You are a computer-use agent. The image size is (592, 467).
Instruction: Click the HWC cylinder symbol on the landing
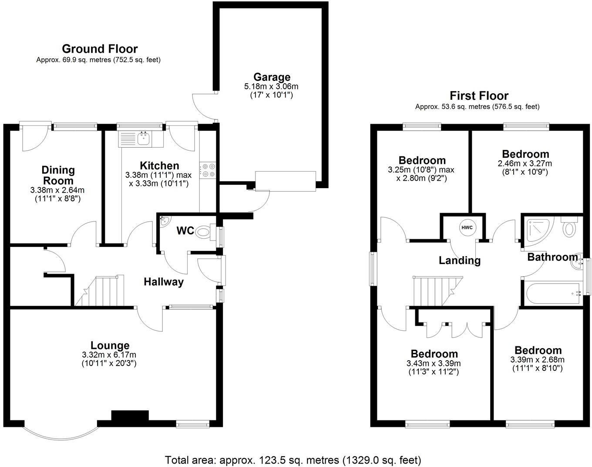[x=467, y=227]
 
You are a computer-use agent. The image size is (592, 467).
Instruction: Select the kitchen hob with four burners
[x=207, y=170]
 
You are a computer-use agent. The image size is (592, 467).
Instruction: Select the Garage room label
[x=272, y=77]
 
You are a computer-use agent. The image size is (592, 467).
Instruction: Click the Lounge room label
[x=110, y=345]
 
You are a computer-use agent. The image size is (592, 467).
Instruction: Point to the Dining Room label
[x=58, y=175]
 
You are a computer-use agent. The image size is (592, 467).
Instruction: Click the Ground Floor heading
[x=100, y=49]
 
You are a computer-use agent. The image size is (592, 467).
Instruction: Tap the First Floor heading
[x=479, y=95]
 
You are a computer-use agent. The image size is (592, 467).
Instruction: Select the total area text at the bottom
[x=293, y=460]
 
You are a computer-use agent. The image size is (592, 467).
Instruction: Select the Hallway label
[x=164, y=282]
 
